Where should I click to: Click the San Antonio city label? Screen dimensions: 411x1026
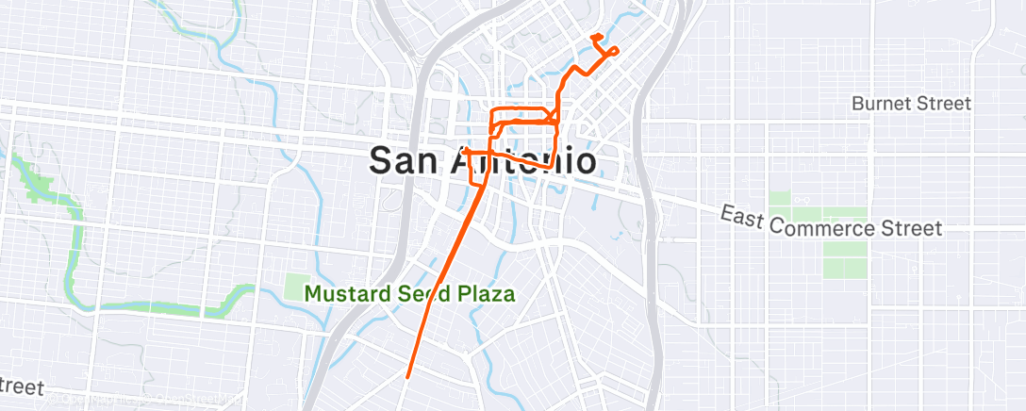tap(482, 160)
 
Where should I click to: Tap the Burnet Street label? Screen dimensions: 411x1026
tap(911, 104)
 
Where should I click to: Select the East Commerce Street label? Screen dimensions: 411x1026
tap(832, 222)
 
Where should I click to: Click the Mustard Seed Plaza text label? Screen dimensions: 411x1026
tap(410, 293)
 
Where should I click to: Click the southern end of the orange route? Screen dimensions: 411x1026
tap(407, 377)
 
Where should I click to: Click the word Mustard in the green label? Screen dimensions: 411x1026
tap(344, 293)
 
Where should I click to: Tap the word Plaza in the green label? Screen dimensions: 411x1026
tap(486, 293)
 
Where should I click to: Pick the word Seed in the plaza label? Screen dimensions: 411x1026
tap(420, 293)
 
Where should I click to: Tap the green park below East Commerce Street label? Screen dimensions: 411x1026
tap(844, 260)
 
